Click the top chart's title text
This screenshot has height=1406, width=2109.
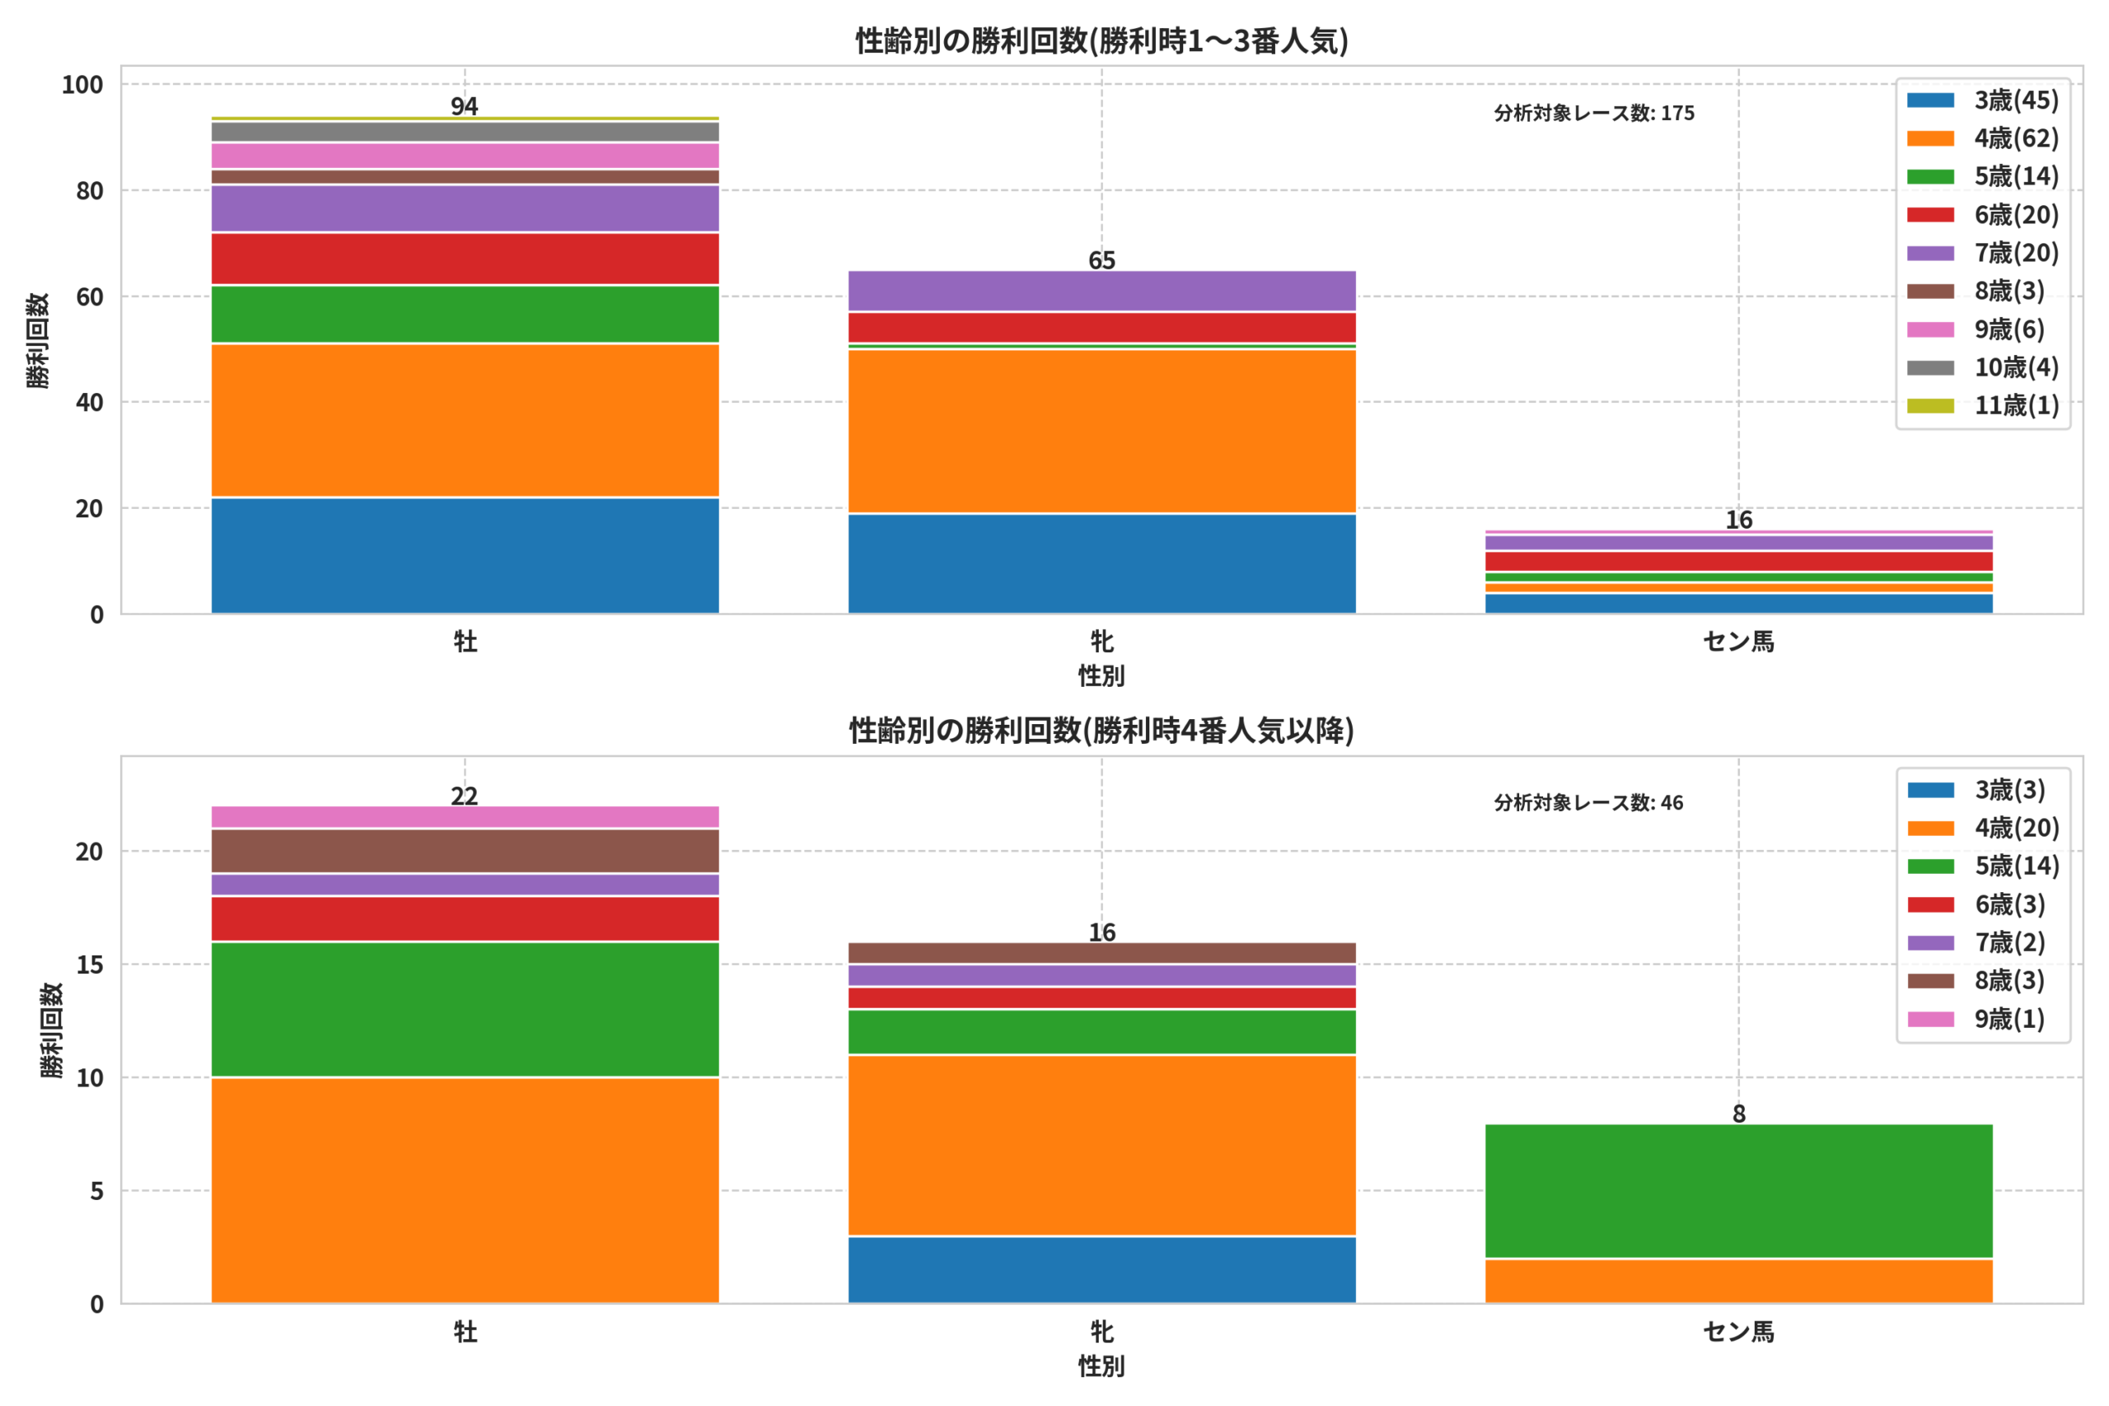1101,40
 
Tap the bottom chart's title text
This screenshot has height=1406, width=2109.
1101,731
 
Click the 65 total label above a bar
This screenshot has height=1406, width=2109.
1102,260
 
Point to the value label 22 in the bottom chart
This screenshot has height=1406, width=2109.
465,796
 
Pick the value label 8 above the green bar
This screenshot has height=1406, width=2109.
1738,1114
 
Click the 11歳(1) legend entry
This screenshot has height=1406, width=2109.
1983,405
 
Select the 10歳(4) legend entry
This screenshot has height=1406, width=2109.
1983,367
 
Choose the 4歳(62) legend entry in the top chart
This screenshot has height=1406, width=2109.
1983,138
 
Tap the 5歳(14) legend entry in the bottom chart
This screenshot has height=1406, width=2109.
1984,866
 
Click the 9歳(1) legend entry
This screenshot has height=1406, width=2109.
1976,1020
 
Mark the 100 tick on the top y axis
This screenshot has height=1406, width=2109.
82,85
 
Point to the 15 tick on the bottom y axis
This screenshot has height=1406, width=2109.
90,965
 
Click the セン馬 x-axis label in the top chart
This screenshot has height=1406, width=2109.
1738,642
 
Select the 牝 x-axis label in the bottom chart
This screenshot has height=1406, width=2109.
1102,1333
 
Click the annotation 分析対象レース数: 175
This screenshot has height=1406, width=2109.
1594,113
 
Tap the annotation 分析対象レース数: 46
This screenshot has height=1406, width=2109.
1589,802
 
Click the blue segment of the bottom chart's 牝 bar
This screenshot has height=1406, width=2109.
1102,1270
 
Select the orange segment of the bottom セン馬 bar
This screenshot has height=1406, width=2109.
1738,1282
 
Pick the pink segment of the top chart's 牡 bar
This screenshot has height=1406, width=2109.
465,156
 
